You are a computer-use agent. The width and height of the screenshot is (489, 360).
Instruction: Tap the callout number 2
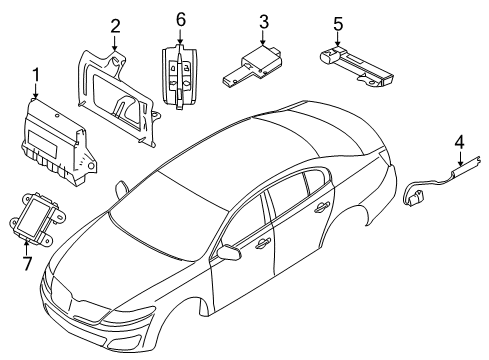[x=115, y=26]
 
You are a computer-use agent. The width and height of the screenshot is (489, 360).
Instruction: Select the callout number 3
[x=264, y=22]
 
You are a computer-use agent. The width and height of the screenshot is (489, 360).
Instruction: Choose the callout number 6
[x=180, y=20]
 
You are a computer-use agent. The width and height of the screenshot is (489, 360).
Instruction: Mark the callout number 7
[x=28, y=264]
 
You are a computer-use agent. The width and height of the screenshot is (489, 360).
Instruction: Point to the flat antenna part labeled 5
[x=355, y=66]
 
